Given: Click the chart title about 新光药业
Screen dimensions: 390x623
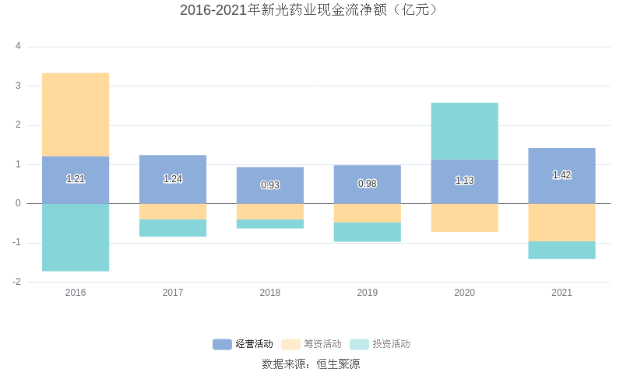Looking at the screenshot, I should tap(311, 10).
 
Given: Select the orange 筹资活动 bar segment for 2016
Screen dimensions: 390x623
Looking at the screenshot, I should tap(76, 115).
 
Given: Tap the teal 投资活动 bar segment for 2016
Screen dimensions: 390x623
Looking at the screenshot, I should tap(76, 237).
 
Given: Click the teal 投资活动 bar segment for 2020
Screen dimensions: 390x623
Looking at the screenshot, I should tap(464, 131).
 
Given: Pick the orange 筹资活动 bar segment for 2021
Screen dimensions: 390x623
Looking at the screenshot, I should tap(561, 223).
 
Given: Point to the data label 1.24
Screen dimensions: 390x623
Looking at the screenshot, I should tap(173, 179).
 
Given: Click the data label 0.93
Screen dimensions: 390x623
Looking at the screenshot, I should tap(270, 185).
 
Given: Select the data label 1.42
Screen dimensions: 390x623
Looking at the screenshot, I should tap(561, 175).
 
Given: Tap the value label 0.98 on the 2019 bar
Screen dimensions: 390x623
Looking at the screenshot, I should tap(368, 184).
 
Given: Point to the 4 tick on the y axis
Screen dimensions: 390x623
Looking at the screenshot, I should tap(18, 47).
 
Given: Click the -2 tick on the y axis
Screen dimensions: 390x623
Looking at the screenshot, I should tap(16, 282).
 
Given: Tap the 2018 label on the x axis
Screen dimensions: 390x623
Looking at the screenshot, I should tap(270, 293).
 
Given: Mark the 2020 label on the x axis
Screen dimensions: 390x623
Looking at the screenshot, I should tap(464, 293).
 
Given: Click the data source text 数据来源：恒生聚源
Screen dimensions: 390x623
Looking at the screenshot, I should tap(311, 364).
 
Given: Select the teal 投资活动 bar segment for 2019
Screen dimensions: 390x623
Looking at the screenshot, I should tap(368, 232).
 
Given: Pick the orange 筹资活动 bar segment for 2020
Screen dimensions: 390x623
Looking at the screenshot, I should tap(464, 218).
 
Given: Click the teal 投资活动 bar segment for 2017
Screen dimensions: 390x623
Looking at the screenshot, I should tap(173, 228).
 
